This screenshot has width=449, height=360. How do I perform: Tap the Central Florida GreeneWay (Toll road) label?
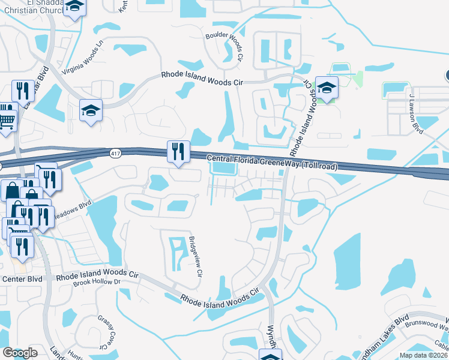pyautogui.click(x=272, y=162)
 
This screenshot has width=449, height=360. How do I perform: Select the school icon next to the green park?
pyautogui.click(x=327, y=88)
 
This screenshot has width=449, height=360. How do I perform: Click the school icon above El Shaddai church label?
pyautogui.click(x=75, y=7)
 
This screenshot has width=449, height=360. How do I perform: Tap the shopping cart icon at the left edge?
pyautogui.click(x=7, y=118)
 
